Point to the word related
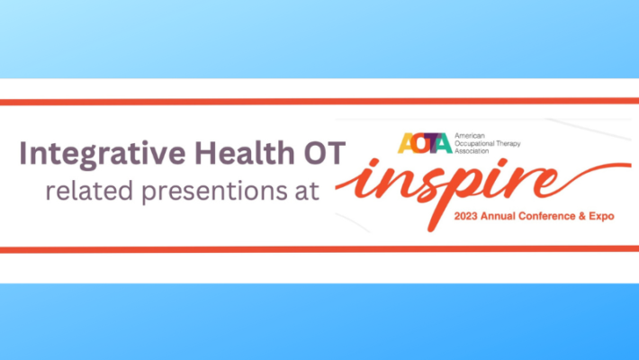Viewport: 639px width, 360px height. click(85, 192)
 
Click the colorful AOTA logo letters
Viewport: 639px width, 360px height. click(425, 142)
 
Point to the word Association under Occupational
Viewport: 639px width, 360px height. click(479, 151)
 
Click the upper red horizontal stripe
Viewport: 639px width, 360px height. click(319, 101)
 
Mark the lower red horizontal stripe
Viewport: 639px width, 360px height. click(319, 249)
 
